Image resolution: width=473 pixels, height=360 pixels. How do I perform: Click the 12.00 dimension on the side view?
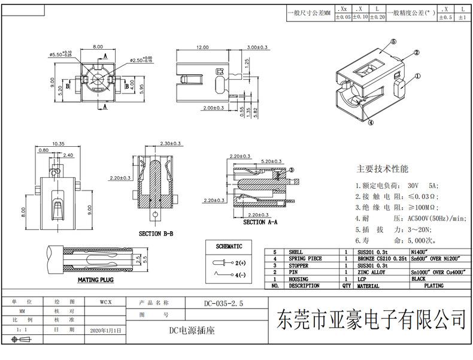tap(202, 47)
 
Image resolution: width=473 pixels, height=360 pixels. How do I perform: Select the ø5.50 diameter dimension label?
tap(60, 54)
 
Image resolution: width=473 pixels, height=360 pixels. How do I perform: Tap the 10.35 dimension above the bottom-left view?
tap(58, 143)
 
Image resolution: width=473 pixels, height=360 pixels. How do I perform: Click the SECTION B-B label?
tap(156, 233)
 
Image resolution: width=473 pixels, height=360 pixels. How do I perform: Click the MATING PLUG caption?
tap(96, 280)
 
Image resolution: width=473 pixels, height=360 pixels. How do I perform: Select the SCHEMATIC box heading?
tap(229, 246)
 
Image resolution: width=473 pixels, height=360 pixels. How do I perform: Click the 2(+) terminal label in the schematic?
tap(240, 263)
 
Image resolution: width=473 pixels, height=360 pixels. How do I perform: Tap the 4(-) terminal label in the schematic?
tap(240, 275)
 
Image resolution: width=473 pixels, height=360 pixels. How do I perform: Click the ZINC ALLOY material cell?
tap(372, 272)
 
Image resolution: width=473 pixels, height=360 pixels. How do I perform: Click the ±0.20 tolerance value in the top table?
tap(377, 18)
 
